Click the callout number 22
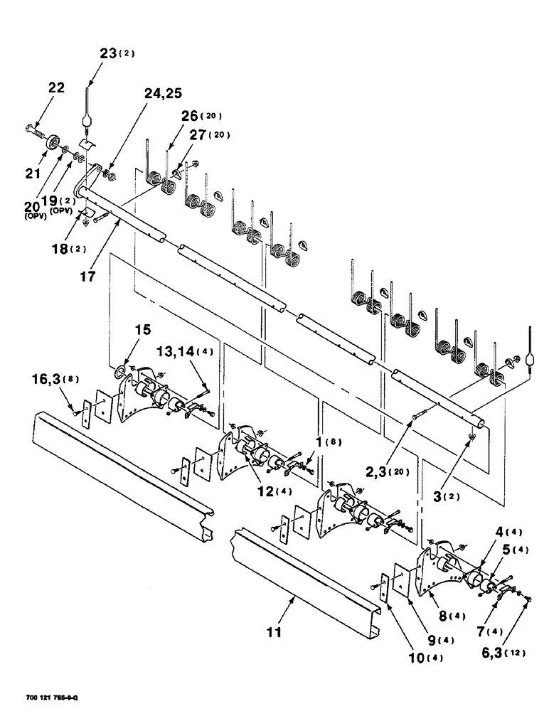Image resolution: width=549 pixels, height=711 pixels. [55, 87]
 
